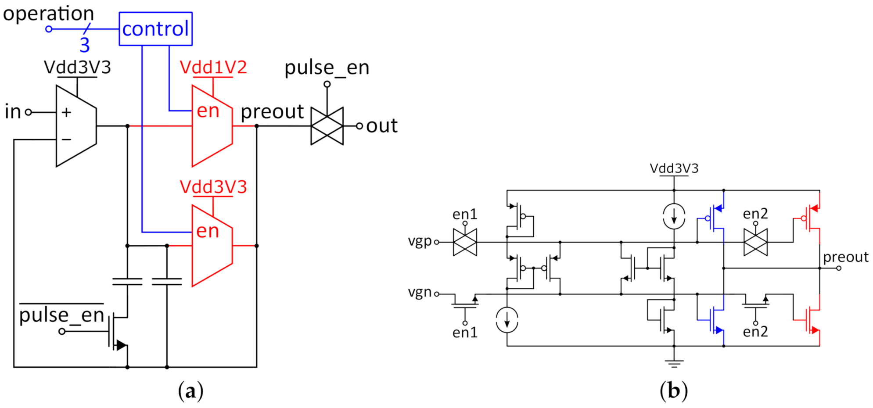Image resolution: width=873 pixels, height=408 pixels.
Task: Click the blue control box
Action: point(155,29)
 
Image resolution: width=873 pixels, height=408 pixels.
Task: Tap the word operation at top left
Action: point(48,14)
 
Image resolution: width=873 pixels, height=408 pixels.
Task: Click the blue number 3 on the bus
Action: point(85,45)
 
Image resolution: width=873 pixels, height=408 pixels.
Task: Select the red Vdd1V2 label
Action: point(213,68)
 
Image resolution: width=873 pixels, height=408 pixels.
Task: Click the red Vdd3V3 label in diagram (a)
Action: point(213,187)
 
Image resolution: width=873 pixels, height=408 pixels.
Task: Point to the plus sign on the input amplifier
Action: point(66,112)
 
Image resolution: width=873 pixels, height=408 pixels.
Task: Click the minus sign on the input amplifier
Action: point(66,140)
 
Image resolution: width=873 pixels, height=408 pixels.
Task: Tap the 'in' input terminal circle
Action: point(29,112)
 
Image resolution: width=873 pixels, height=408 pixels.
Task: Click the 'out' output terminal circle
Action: point(359,126)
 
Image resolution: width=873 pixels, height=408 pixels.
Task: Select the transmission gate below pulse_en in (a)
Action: point(327,126)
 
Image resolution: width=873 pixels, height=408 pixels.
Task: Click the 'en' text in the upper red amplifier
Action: point(208,111)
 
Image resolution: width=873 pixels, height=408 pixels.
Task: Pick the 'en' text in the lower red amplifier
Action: point(207,231)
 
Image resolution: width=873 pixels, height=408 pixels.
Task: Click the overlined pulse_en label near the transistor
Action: point(61,315)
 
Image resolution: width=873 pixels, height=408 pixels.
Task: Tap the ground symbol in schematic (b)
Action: point(674,363)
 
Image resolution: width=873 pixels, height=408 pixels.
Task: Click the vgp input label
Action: point(420,241)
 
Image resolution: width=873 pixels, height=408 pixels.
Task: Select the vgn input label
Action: point(420,292)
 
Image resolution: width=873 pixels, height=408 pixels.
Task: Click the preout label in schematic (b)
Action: point(845,257)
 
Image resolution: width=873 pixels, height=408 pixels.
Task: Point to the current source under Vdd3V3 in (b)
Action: point(674,216)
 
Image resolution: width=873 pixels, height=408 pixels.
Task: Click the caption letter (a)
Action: point(190,391)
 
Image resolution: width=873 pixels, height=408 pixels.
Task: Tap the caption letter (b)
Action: point(673,391)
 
